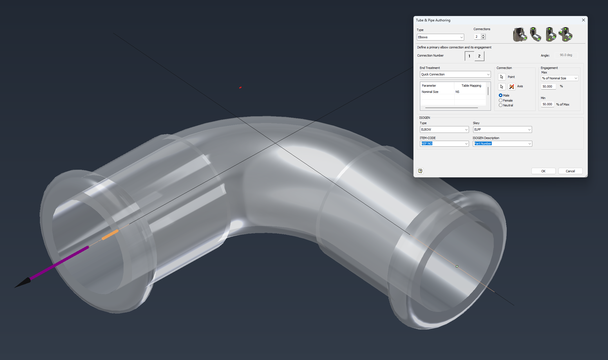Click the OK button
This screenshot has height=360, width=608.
[543, 171]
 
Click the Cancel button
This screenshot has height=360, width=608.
[570, 171]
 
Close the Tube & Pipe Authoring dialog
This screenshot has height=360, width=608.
[583, 20]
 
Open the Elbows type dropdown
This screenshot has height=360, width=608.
[440, 37]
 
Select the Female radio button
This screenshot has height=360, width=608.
[500, 100]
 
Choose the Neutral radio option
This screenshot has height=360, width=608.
[500, 105]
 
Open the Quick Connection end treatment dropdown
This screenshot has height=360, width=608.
[455, 74]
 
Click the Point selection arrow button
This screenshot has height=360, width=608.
[502, 77]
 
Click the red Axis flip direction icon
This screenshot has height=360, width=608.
[511, 86]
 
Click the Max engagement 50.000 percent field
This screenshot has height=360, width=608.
[548, 86]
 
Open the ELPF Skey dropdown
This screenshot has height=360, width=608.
[502, 129]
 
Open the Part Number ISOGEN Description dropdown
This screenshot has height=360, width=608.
[502, 144]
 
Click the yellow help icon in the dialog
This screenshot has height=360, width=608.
[420, 171]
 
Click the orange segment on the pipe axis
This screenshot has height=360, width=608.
[110, 235]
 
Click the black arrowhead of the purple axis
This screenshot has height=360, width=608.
[22, 283]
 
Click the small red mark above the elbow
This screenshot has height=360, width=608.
[240, 88]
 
